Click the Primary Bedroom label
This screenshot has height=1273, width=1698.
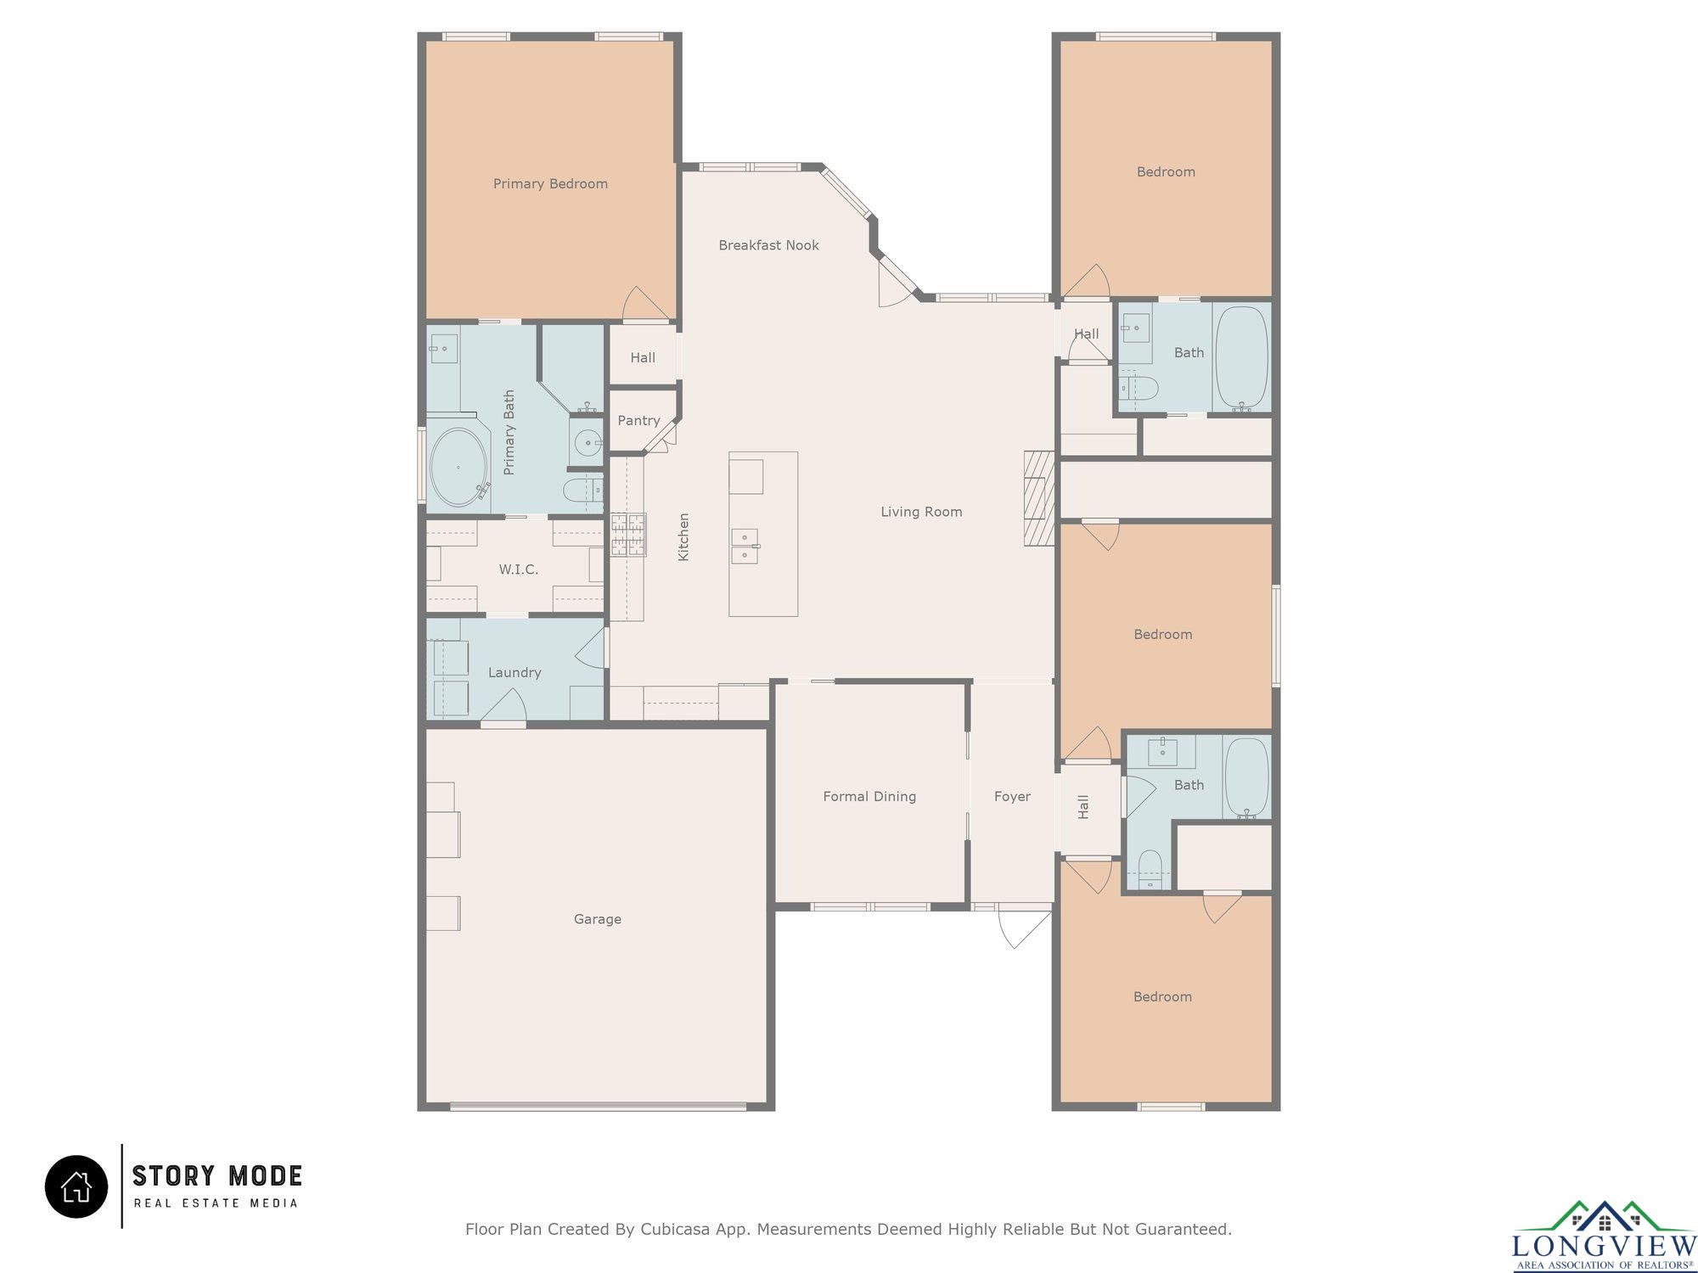click(550, 184)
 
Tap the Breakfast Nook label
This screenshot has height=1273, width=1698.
click(768, 245)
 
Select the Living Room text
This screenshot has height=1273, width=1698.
click(921, 512)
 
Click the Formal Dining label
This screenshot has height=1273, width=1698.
click(869, 796)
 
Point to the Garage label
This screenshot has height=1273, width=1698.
click(598, 919)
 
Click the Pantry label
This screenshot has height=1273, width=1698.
click(638, 421)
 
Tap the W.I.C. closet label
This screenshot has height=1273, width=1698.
click(519, 569)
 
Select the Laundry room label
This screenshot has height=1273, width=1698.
click(514, 673)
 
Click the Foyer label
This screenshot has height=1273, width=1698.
click(1012, 796)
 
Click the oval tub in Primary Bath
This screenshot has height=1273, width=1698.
click(458, 468)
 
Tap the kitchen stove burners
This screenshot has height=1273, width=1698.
click(628, 535)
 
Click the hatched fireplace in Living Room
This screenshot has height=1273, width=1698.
click(1038, 497)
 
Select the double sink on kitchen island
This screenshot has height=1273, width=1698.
click(745, 546)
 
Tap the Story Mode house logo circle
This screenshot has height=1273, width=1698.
click(76, 1186)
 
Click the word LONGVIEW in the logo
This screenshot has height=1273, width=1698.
click(1604, 1246)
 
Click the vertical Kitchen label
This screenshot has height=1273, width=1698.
click(683, 536)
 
